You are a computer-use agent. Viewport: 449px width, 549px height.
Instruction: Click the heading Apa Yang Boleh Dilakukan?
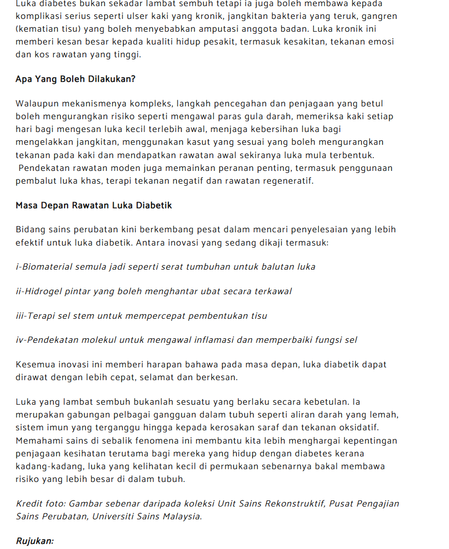pos(75,79)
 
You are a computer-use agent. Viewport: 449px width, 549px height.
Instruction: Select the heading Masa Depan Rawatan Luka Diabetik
pos(94,205)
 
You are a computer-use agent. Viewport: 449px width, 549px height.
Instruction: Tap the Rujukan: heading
pos(35,541)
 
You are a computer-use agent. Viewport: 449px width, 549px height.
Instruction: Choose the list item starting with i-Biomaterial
pos(165,267)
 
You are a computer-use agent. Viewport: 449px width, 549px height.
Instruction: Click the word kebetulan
pos(338,402)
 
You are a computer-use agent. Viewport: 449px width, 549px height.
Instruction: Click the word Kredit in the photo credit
pos(30,503)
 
